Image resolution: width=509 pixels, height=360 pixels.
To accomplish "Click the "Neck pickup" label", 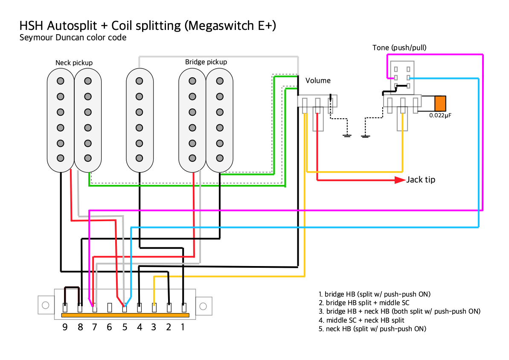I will pos(74,63).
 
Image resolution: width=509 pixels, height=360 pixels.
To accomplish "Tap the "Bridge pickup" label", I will pos(206,62).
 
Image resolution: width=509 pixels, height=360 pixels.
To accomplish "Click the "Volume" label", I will pos(318,80).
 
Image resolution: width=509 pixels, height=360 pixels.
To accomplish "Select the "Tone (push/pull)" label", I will pos(399,47).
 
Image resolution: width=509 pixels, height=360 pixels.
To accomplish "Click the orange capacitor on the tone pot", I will pos(440,104).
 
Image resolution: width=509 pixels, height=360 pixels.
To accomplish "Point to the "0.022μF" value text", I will pos(440,115).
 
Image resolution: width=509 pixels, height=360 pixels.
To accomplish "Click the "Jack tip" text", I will pos(421,180).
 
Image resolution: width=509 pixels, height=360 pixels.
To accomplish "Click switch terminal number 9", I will pos(65,307).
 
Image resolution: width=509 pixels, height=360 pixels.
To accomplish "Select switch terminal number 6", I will pos(109,307).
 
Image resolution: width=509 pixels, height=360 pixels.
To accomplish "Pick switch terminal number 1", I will pos(184,307).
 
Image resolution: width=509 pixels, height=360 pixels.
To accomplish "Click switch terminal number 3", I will pos(154,307).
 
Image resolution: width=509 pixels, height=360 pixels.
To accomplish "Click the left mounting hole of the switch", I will pos(45,305).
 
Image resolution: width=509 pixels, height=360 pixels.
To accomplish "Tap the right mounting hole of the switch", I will pos(203,306).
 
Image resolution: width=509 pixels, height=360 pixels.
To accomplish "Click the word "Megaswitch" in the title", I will pos(222,26).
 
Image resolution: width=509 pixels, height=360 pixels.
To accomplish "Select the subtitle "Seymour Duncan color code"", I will pos(73,38).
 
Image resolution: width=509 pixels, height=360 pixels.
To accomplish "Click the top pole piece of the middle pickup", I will pos(139,81).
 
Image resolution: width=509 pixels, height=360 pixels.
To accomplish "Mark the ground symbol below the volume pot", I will pos(347,136).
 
